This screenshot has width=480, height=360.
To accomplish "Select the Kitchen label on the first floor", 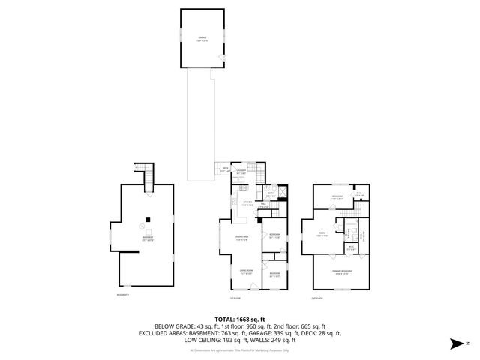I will click(246, 203).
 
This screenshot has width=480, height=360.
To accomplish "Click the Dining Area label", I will click(241, 239).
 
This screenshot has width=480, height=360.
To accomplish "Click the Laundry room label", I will click(241, 172).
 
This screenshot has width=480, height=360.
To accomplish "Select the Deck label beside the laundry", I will click(225, 169).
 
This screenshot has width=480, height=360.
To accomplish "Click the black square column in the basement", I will click(148, 219).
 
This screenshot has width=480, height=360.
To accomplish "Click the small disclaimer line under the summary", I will click(239, 349).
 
